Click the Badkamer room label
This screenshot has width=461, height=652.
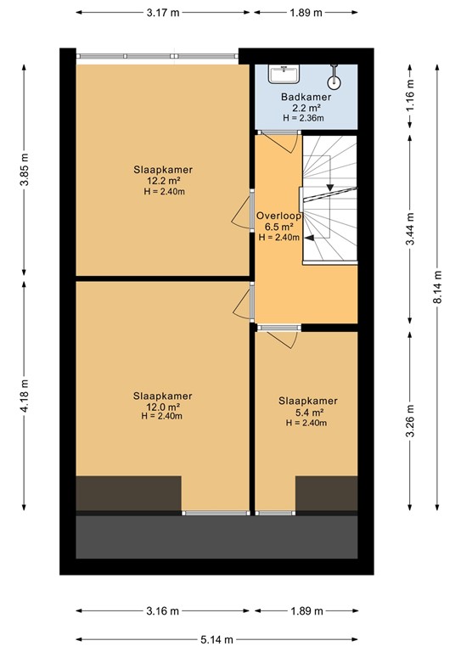[306, 97]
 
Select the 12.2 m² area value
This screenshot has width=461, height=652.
[162, 181]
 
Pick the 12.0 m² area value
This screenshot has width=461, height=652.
[162, 406]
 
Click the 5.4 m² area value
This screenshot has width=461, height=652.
[307, 412]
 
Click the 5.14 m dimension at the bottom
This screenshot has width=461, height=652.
[218, 639]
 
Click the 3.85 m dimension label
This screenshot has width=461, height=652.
[26, 170]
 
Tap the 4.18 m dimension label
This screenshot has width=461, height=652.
[26, 396]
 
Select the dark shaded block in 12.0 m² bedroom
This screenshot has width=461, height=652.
[128, 493]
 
